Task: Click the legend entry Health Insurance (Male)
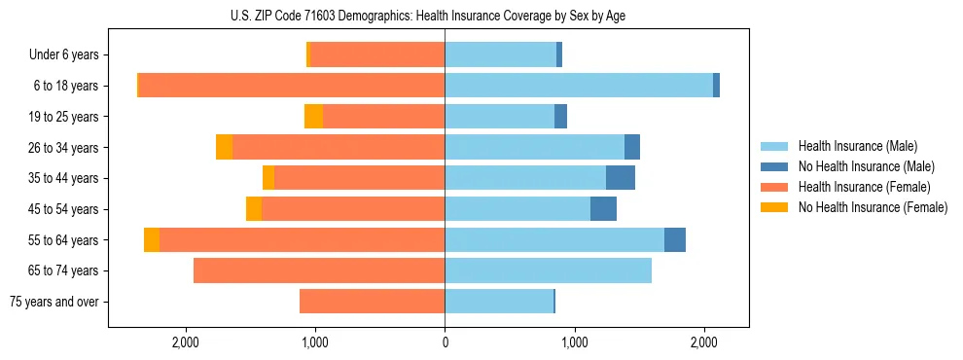point(857,146)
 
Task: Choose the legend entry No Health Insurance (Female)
point(873,207)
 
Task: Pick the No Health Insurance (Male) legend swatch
point(774,166)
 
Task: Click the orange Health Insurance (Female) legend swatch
point(774,187)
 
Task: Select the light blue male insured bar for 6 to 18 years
point(579,86)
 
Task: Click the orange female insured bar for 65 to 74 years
point(319,270)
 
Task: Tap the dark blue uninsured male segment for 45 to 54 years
point(603,209)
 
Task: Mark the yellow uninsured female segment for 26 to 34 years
point(224,147)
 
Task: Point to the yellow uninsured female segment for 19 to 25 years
point(313,117)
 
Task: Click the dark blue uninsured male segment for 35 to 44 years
point(621,178)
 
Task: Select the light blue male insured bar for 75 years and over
point(499,302)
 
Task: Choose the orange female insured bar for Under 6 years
point(377,54)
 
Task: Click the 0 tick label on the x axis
point(445,342)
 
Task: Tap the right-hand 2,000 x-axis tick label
point(704,342)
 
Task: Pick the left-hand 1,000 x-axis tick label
point(315,342)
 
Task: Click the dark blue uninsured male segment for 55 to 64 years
point(675,239)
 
